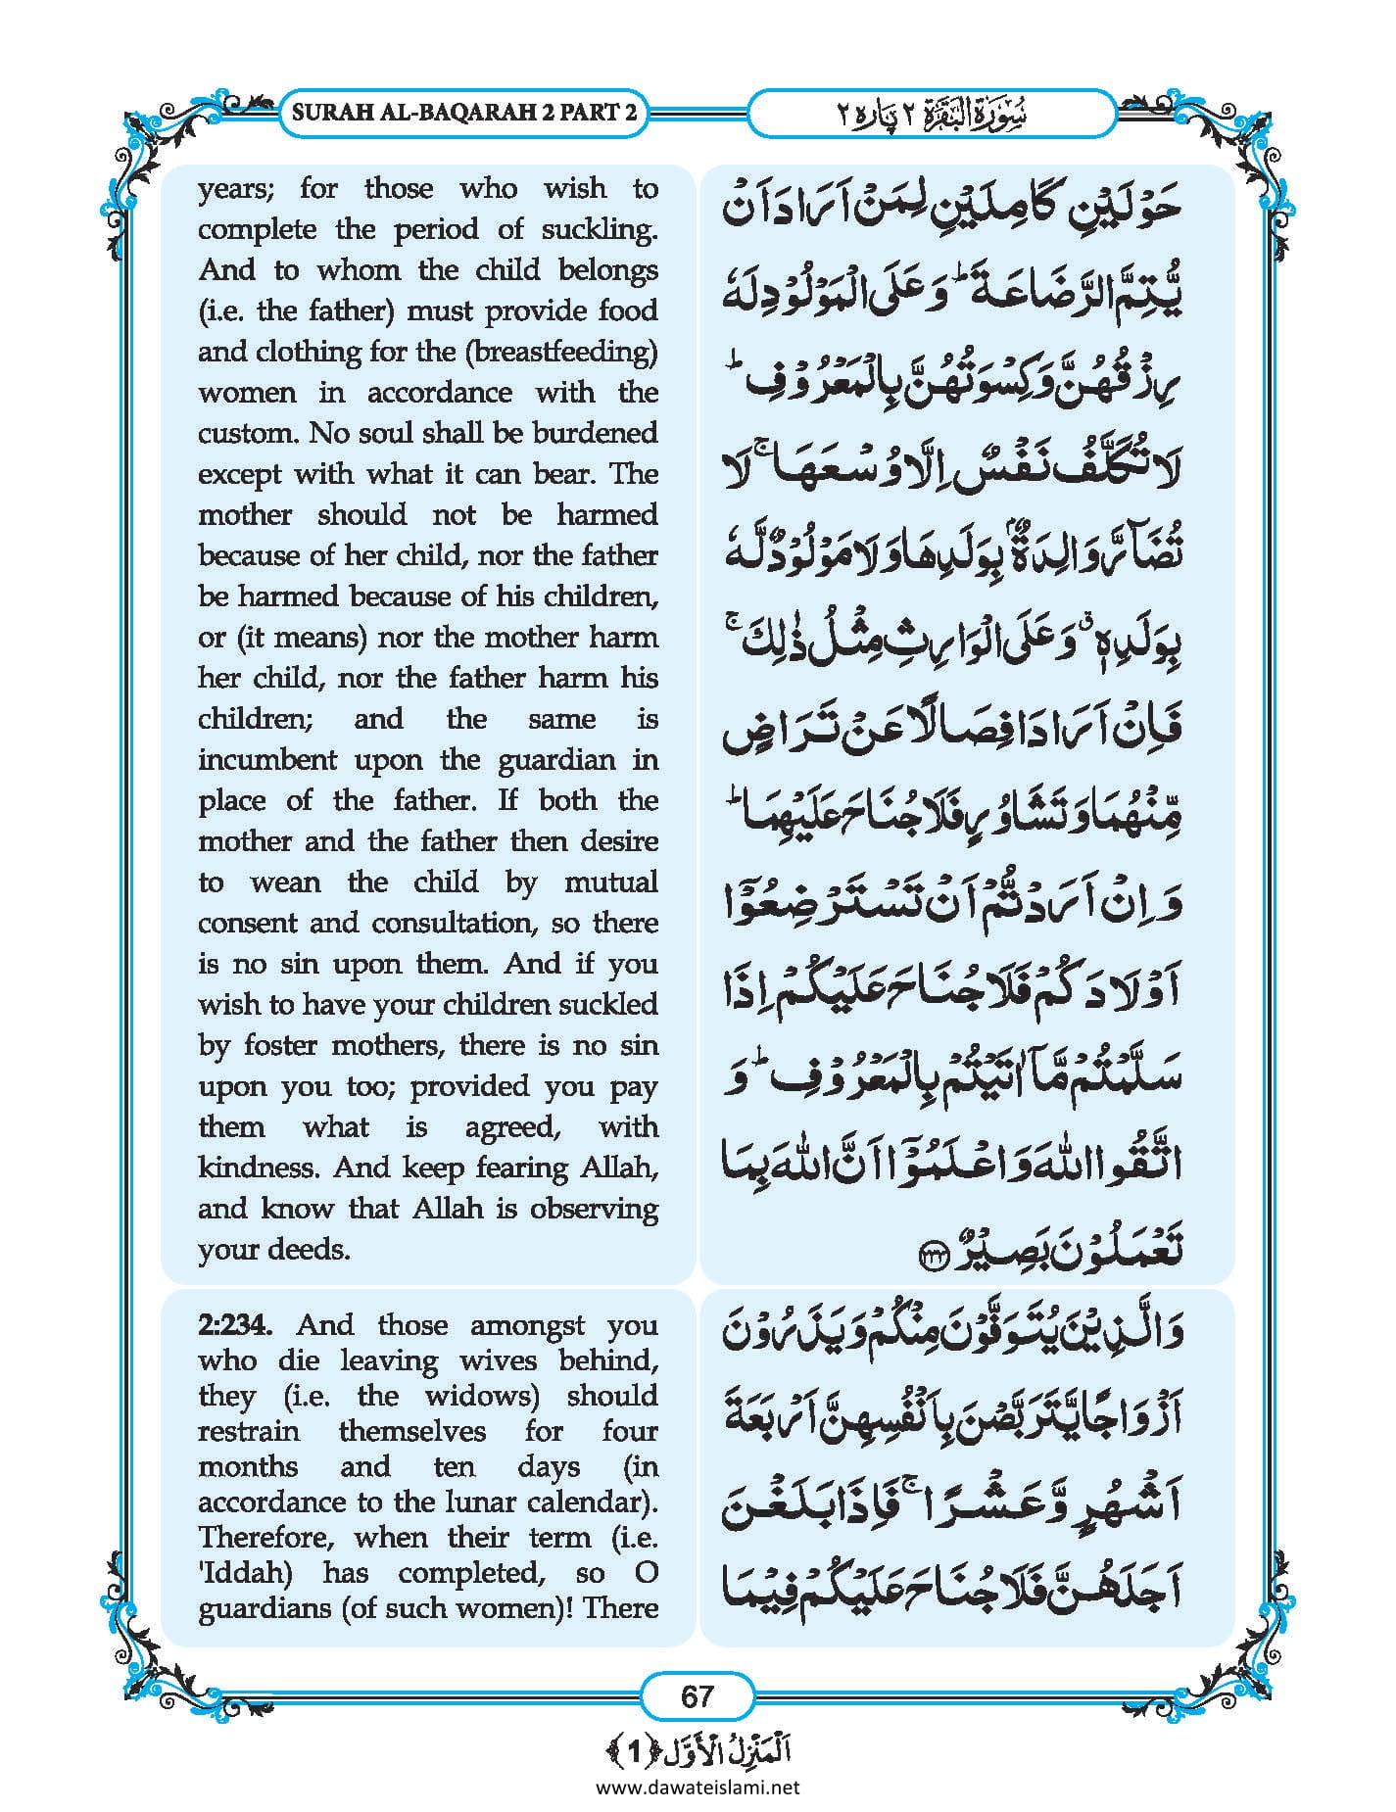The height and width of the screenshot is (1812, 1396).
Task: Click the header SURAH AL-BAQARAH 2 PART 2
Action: click(x=465, y=112)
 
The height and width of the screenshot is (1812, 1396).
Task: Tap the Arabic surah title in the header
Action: click(x=931, y=113)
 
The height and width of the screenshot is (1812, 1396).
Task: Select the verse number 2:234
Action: click(x=235, y=1325)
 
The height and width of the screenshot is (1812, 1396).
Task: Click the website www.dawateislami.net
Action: click(x=698, y=1787)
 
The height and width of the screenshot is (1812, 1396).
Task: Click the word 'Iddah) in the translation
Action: click(x=246, y=1572)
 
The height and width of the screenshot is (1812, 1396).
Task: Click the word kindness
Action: click(x=259, y=1168)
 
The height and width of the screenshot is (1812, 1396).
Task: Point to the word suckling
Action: click(x=600, y=229)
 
